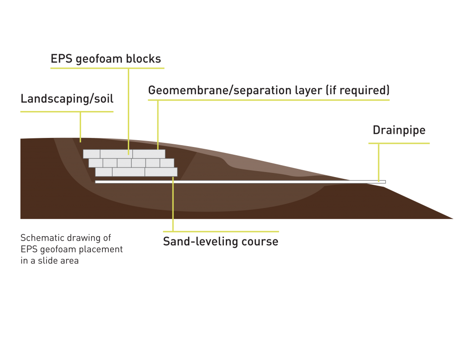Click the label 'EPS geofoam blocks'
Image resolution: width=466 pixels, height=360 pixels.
[106, 59]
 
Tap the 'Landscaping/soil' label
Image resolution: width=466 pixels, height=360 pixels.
[67, 99]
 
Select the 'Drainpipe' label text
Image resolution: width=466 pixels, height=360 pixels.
[399, 130]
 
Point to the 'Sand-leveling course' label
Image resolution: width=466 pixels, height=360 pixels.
[221, 241]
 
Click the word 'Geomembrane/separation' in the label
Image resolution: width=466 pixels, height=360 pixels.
[220, 91]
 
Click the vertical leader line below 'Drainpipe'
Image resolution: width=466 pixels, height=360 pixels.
[379, 162]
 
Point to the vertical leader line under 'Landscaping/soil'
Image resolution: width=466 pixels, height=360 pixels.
[80, 127]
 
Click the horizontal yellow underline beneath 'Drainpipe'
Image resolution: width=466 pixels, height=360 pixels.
[399, 143]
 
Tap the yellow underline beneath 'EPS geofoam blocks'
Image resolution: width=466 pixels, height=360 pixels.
[107, 68]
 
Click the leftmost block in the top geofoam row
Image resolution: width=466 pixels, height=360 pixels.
[91, 154]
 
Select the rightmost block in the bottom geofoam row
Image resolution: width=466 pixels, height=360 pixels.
[161, 172]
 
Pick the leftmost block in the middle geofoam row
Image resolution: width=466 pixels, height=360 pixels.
[96, 163]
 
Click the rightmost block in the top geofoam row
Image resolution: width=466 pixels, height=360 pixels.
[149, 154]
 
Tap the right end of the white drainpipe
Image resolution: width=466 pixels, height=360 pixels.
[385, 182]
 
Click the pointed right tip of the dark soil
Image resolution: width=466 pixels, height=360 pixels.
[453, 218]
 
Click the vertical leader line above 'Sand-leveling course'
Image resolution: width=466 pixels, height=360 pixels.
[173, 204]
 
